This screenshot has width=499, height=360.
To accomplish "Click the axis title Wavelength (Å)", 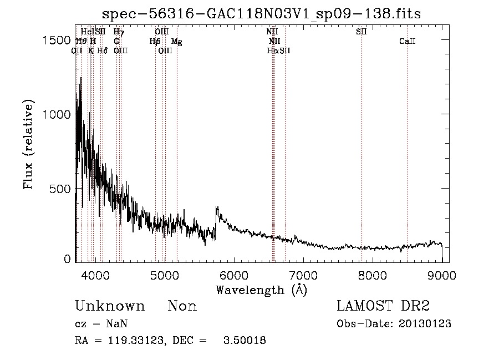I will coord(261,290).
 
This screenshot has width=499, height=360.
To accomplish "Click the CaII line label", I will coord(408,41).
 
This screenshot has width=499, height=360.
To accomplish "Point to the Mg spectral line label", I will coord(176,41).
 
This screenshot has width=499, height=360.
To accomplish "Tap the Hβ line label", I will coord(155,41).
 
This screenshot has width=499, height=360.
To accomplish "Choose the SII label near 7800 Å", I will coord(361,32).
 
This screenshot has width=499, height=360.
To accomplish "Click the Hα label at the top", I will coord(272,50).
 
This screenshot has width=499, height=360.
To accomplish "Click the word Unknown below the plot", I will coord(110,306).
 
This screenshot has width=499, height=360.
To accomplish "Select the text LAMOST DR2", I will coord(383,306).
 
